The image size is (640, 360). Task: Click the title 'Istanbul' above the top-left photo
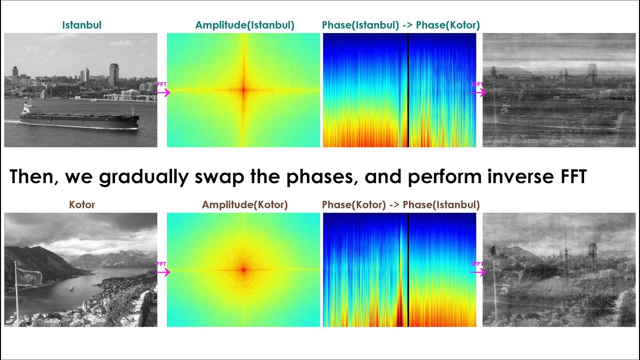coord(82,24)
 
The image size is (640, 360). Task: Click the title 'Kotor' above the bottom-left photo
coord(82,204)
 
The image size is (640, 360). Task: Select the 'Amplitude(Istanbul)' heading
coord(244,24)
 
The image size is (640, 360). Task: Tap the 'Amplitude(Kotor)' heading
coord(244,204)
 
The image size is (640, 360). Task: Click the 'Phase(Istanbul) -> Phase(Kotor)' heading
coord(400,24)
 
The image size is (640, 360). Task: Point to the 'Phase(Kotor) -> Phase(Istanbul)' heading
coord(400,204)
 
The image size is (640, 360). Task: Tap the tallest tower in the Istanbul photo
coord(114,74)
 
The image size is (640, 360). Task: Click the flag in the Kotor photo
coord(29,276)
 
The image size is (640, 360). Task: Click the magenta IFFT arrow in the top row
coord(478,92)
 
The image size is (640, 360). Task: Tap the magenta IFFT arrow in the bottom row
coord(478,272)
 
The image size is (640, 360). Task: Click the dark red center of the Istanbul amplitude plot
coord(243,90)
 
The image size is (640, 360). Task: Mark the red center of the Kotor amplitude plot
coord(243,270)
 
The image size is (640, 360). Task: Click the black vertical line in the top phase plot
coord(408,90)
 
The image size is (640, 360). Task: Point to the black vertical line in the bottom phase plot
coord(408,270)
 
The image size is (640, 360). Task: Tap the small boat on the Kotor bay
coord(71,288)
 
